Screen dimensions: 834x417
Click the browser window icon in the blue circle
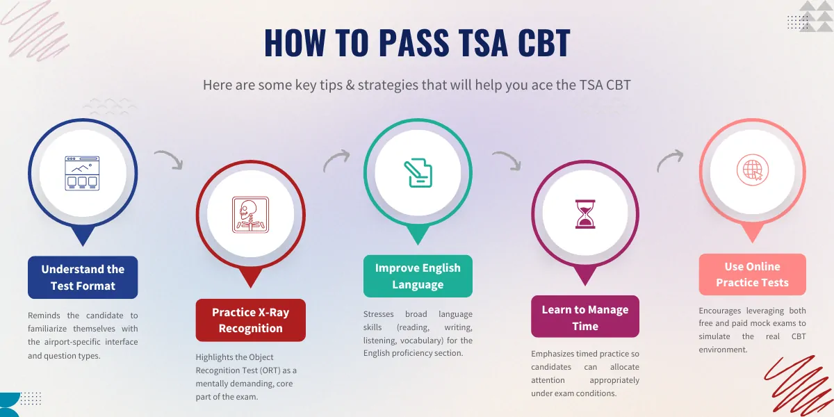point(82,173)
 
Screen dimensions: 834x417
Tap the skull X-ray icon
point(251,215)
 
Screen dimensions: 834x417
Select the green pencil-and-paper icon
point(418,173)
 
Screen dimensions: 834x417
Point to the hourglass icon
point(585,214)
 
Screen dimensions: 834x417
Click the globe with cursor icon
point(753,170)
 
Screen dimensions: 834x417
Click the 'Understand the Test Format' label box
point(83,277)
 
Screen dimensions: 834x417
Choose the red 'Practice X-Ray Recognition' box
point(251,320)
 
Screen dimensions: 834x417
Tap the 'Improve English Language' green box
point(418,276)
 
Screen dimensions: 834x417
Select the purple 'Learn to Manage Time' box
point(585,316)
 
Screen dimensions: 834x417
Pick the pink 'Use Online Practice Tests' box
point(753,275)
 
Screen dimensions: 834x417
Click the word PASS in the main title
point(414,42)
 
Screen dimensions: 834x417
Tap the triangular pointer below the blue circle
point(83,235)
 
